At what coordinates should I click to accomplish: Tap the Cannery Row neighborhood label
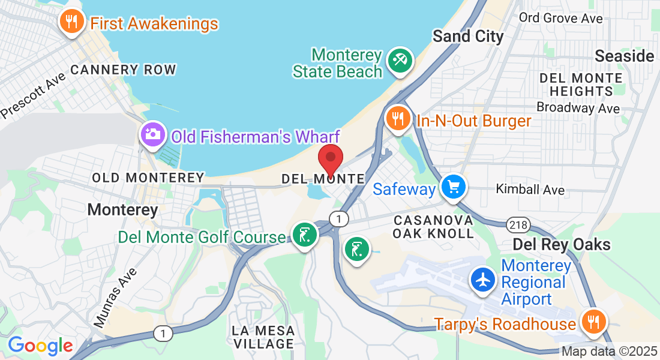click(x=123, y=70)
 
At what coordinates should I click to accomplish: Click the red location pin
click(x=330, y=160)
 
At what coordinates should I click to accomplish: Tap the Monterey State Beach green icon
click(x=400, y=61)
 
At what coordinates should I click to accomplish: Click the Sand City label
click(x=468, y=36)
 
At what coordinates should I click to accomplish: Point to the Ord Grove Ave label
click(x=561, y=18)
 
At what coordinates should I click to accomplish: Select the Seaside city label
click(x=624, y=56)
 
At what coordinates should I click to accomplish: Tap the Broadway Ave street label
click(x=578, y=108)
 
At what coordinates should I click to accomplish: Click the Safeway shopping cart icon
click(x=454, y=187)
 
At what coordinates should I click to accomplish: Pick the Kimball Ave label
click(x=530, y=190)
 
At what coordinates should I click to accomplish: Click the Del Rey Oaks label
click(x=561, y=244)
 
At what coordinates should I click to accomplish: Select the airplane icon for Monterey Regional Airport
click(x=483, y=280)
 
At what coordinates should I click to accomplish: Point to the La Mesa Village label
click(x=263, y=337)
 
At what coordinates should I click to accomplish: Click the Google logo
click(x=40, y=346)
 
